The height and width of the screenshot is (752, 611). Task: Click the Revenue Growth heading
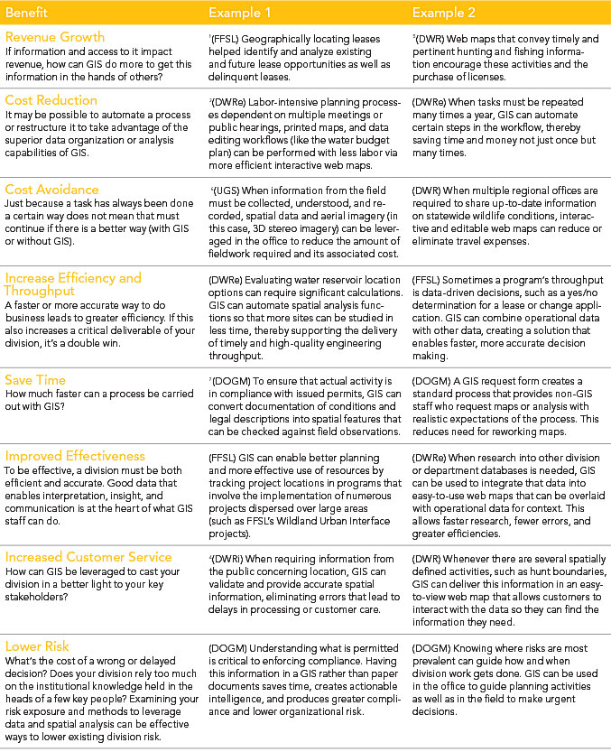click(x=54, y=37)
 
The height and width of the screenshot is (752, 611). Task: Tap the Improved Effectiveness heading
click(x=74, y=456)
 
